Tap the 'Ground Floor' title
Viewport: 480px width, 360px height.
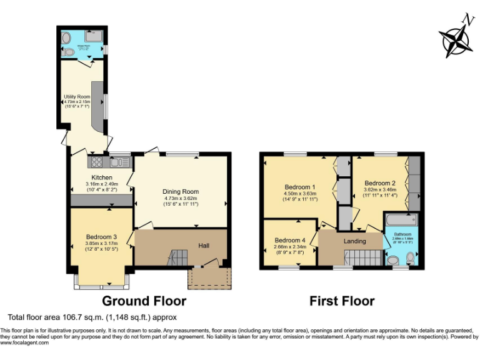click(144, 301)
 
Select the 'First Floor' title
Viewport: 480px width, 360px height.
click(342, 301)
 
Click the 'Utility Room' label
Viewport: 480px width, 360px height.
click(77, 97)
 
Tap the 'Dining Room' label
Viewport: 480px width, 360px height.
click(181, 192)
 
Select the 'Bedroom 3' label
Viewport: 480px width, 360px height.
click(101, 237)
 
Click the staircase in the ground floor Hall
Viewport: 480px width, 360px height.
click(178, 257)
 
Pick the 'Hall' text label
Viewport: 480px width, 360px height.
click(204, 246)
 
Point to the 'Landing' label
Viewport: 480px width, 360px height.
click(354, 240)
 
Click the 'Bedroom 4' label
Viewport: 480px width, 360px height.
click(289, 240)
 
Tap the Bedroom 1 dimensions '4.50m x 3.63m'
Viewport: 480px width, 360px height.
click(301, 194)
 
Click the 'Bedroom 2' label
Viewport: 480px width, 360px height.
click(380, 183)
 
